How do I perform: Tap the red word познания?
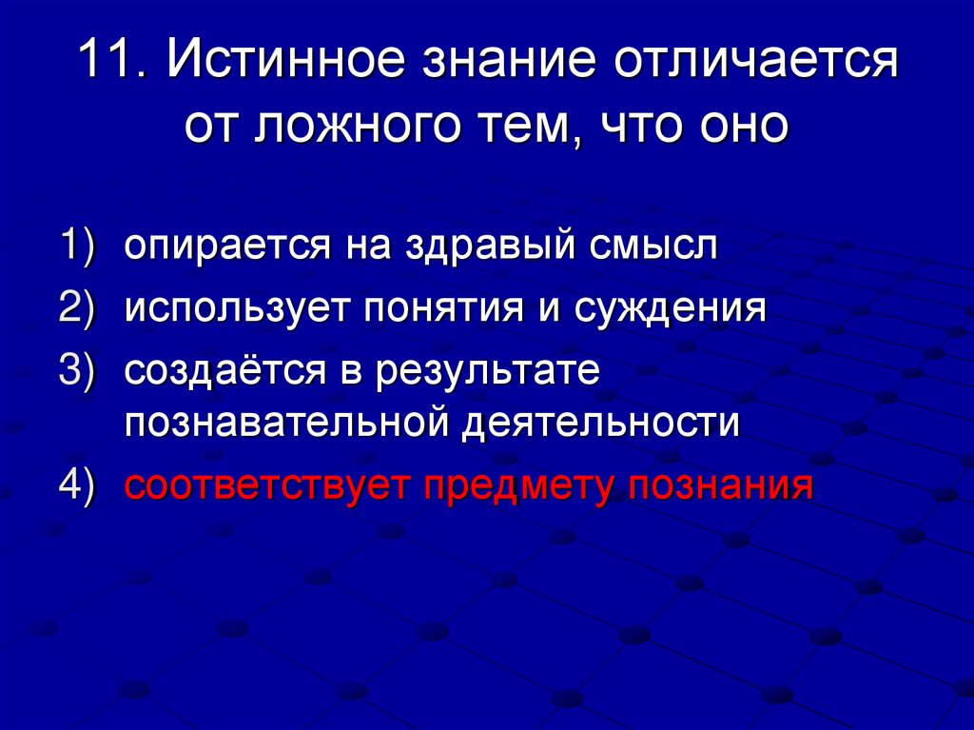coord(719,486)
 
